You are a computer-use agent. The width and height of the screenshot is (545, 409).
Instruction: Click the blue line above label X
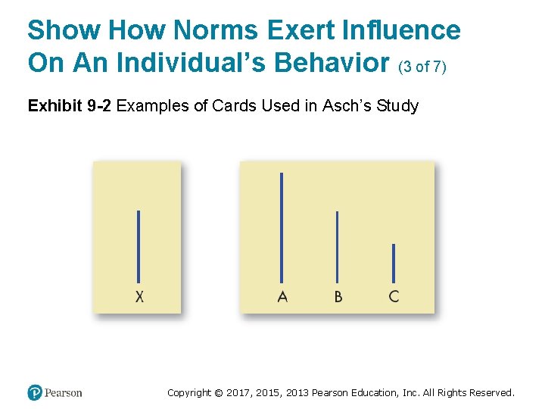pos(139,246)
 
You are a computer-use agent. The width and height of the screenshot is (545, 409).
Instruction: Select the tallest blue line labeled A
pos(282,227)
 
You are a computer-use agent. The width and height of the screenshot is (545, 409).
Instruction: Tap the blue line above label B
pos(338,247)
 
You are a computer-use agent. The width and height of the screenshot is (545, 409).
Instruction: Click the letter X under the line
pos(139,297)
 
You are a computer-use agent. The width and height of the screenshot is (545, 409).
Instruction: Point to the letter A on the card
pos(282,297)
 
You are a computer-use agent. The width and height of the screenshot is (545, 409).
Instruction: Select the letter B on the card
pos(338,297)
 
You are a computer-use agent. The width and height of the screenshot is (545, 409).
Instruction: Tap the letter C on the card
pos(394,297)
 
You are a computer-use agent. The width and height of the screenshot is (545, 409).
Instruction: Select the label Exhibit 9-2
pos(69,106)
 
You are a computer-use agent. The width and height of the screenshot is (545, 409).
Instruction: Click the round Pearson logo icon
pos(34,392)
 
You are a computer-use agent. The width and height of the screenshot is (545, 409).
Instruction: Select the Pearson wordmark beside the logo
pos(63,392)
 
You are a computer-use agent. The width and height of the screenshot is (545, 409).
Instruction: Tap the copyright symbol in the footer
pos(219,392)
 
